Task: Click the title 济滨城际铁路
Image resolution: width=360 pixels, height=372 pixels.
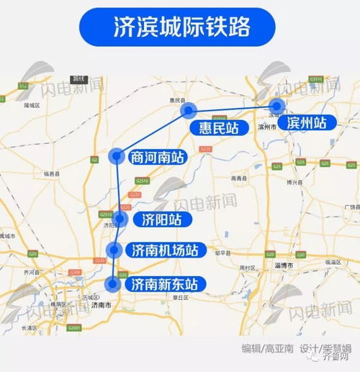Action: click(x=179, y=27)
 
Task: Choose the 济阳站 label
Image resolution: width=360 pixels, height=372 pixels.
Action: click(x=157, y=219)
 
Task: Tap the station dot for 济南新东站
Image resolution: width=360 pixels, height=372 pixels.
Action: click(x=112, y=284)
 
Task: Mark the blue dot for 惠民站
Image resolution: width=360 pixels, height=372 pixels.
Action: click(x=189, y=110)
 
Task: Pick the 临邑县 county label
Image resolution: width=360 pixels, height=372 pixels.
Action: click(x=54, y=174)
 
